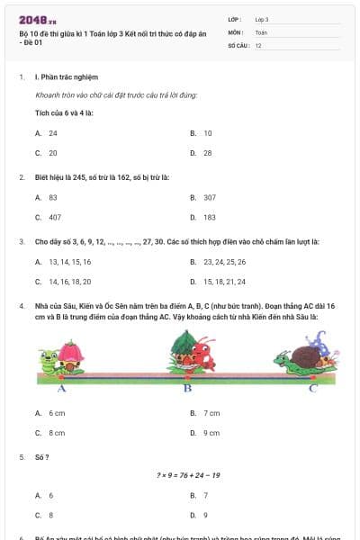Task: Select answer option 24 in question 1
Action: [53, 132]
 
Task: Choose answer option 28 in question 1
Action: [207, 153]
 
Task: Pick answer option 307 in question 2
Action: [209, 196]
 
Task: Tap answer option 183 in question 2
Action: [209, 217]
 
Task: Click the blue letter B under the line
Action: [187, 389]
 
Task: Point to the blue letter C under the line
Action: [312, 389]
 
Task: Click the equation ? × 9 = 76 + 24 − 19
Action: [187, 475]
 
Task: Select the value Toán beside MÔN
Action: [261, 31]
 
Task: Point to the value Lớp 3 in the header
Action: [262, 19]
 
